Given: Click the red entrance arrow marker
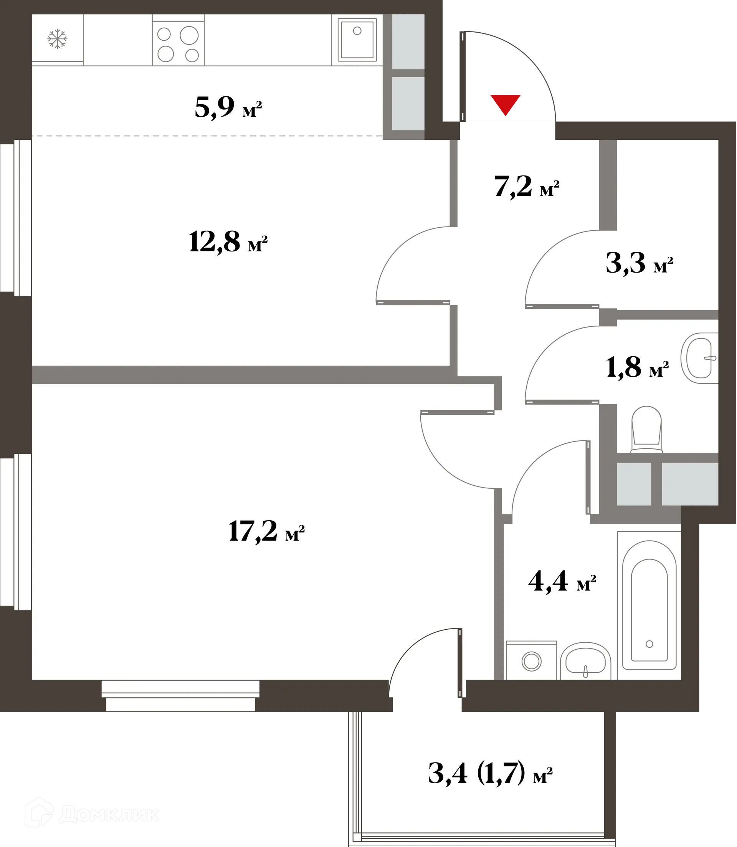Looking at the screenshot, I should point(505,104).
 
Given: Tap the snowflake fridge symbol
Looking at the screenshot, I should point(57,39).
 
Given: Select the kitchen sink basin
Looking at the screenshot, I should point(357,40).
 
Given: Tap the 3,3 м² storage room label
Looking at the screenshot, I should point(639,264).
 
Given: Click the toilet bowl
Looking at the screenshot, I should point(646,430).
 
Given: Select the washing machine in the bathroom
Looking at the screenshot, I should point(531,661).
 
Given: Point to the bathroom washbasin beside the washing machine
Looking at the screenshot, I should point(585,662).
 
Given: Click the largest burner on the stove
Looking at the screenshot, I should point(189,35).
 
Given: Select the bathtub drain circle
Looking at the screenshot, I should point(649,644).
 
